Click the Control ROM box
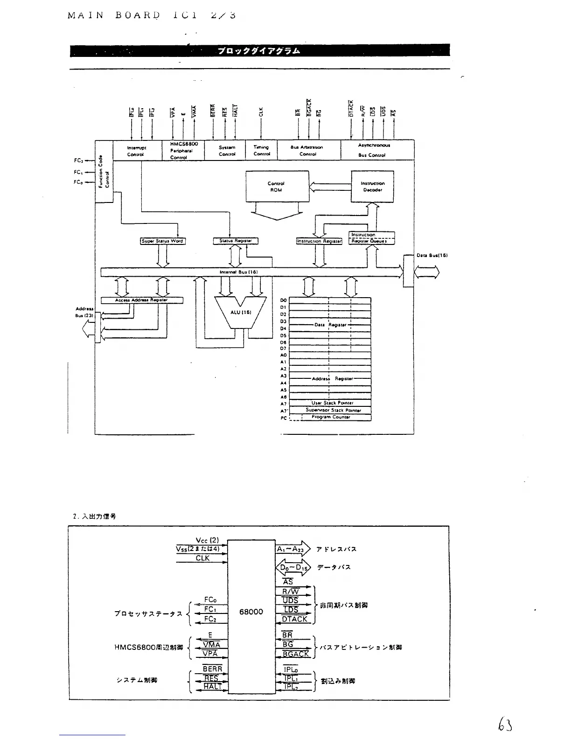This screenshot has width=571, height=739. pos(277,187)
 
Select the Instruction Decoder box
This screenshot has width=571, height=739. pos(372,187)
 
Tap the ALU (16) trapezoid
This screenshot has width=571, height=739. pos(241,312)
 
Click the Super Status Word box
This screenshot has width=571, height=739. pos(162,241)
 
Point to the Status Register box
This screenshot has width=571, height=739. pos(236,241)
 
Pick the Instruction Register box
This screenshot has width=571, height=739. pos(319,241)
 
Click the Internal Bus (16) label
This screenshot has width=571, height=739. pos(238,272)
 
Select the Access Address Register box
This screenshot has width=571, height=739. pos(142,300)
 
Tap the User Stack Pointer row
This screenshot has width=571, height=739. pos(332,403)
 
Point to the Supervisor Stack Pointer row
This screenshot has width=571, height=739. pos(332,410)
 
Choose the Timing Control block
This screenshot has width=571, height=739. pos(262,150)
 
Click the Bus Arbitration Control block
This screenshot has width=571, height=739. pos(307,150)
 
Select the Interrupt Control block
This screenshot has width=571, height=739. pos(136,150)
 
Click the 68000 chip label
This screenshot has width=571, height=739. pos(251,612)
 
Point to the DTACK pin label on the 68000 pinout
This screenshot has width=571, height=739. pos(295,619)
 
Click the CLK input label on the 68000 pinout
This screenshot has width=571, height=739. pos(202,558)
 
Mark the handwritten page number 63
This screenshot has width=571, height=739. pos(505,724)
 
